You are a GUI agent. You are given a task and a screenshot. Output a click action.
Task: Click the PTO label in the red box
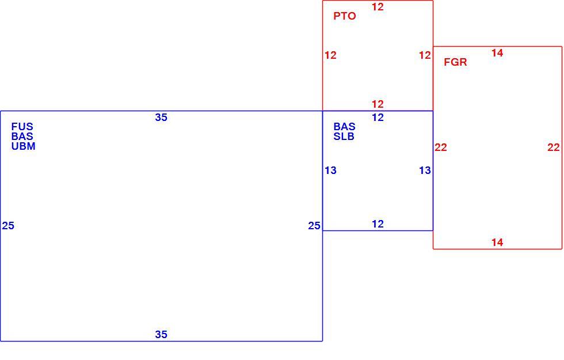click(x=345, y=16)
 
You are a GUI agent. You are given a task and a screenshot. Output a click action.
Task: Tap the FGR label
click(x=455, y=62)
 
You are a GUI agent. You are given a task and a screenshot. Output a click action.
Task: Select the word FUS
click(x=22, y=126)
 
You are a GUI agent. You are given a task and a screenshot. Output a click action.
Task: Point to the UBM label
click(x=24, y=146)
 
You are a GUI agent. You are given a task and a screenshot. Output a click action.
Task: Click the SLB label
click(x=344, y=137)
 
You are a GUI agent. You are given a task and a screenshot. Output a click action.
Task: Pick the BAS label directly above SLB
click(x=345, y=126)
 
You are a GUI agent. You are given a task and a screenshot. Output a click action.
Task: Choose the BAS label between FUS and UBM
click(x=22, y=136)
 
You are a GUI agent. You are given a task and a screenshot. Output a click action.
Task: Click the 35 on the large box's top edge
click(x=161, y=118)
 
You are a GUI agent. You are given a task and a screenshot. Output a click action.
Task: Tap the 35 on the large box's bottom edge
click(x=161, y=335)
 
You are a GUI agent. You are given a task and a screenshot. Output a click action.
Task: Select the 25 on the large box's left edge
click(x=8, y=226)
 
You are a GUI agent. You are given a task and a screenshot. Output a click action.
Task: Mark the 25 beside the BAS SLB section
click(x=314, y=226)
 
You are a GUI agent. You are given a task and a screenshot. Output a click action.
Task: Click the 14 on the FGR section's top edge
click(x=497, y=53)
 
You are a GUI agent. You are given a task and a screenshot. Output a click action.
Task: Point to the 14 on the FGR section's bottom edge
click(x=497, y=242)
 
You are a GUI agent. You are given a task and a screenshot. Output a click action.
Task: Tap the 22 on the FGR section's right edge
click(x=554, y=147)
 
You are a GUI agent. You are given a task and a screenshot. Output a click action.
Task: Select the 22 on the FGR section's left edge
click(x=441, y=147)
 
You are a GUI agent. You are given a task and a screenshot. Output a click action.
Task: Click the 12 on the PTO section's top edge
click(x=378, y=7)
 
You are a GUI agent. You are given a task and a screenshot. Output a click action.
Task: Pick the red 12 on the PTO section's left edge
click(x=330, y=55)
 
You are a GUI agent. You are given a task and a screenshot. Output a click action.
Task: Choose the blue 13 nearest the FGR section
click(x=425, y=170)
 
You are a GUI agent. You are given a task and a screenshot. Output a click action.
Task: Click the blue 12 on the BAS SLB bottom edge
click(x=378, y=224)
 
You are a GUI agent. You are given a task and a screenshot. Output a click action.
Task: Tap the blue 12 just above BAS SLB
click(x=378, y=118)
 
